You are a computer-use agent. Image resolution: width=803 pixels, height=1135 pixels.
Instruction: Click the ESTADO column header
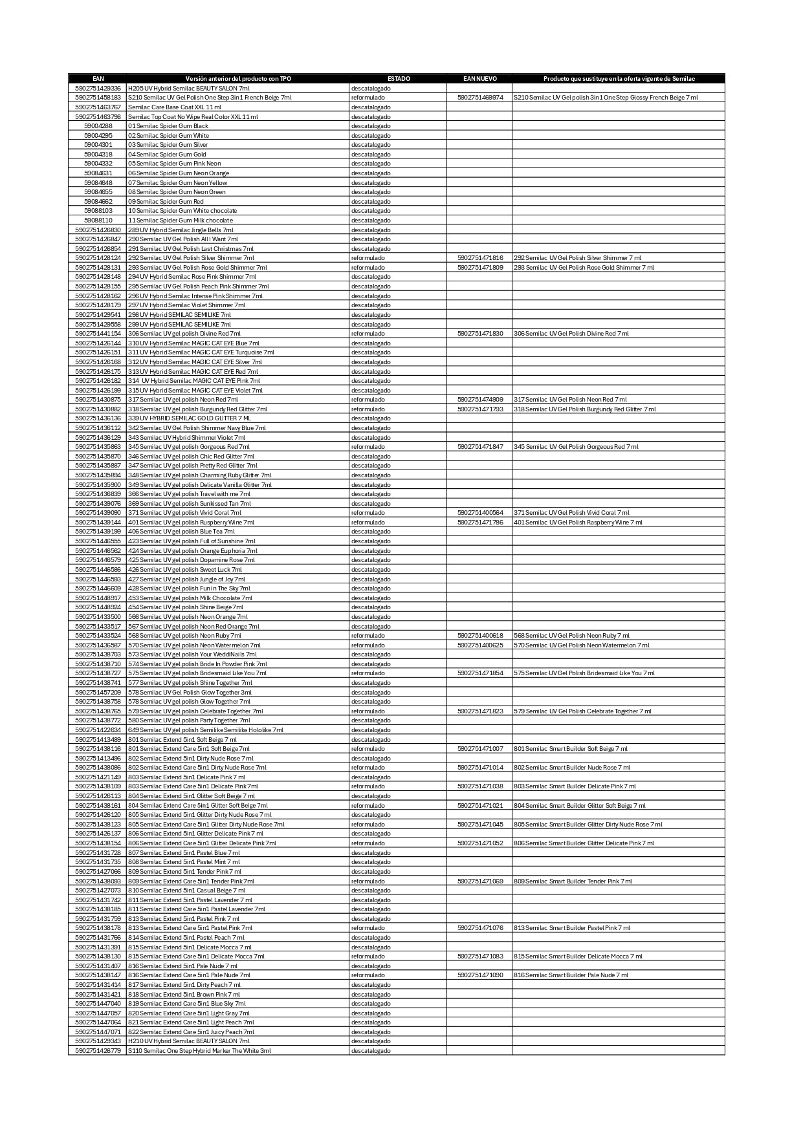[398, 79]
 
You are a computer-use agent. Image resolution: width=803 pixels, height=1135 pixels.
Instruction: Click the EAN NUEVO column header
[479, 79]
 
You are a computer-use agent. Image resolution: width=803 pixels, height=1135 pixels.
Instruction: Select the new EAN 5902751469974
[479, 98]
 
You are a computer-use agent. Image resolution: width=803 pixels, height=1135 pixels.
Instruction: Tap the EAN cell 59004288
[98, 126]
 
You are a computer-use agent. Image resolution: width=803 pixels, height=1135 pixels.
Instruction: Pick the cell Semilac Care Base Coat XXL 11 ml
[174, 107]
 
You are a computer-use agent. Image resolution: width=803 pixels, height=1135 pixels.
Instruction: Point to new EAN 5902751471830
[479, 334]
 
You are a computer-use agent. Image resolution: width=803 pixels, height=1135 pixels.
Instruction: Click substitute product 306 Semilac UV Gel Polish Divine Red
[571, 334]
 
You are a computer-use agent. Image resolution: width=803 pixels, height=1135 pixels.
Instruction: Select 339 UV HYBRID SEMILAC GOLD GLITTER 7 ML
[189, 418]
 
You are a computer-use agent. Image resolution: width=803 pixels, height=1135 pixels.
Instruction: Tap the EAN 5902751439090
[98, 513]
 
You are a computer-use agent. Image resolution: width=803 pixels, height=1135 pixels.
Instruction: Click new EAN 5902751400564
[479, 513]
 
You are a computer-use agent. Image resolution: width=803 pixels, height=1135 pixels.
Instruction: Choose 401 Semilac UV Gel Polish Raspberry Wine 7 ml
[578, 523]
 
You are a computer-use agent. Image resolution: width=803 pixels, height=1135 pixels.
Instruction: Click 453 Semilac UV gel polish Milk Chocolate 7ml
[190, 598]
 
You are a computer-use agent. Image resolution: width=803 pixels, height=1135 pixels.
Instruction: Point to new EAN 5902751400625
[479, 645]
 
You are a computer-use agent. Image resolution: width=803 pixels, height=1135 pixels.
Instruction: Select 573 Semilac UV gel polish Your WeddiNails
[192, 654]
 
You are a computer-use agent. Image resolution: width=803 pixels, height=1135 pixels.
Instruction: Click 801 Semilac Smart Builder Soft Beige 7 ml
[570, 749]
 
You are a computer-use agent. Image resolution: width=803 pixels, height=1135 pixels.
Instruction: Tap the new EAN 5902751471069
[479, 881]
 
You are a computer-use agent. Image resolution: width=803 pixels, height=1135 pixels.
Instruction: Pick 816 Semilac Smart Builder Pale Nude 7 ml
[571, 975]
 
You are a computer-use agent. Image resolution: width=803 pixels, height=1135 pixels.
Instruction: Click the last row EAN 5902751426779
[98, 1051]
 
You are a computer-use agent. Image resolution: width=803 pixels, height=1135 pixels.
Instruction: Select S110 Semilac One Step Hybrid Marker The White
[199, 1051]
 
